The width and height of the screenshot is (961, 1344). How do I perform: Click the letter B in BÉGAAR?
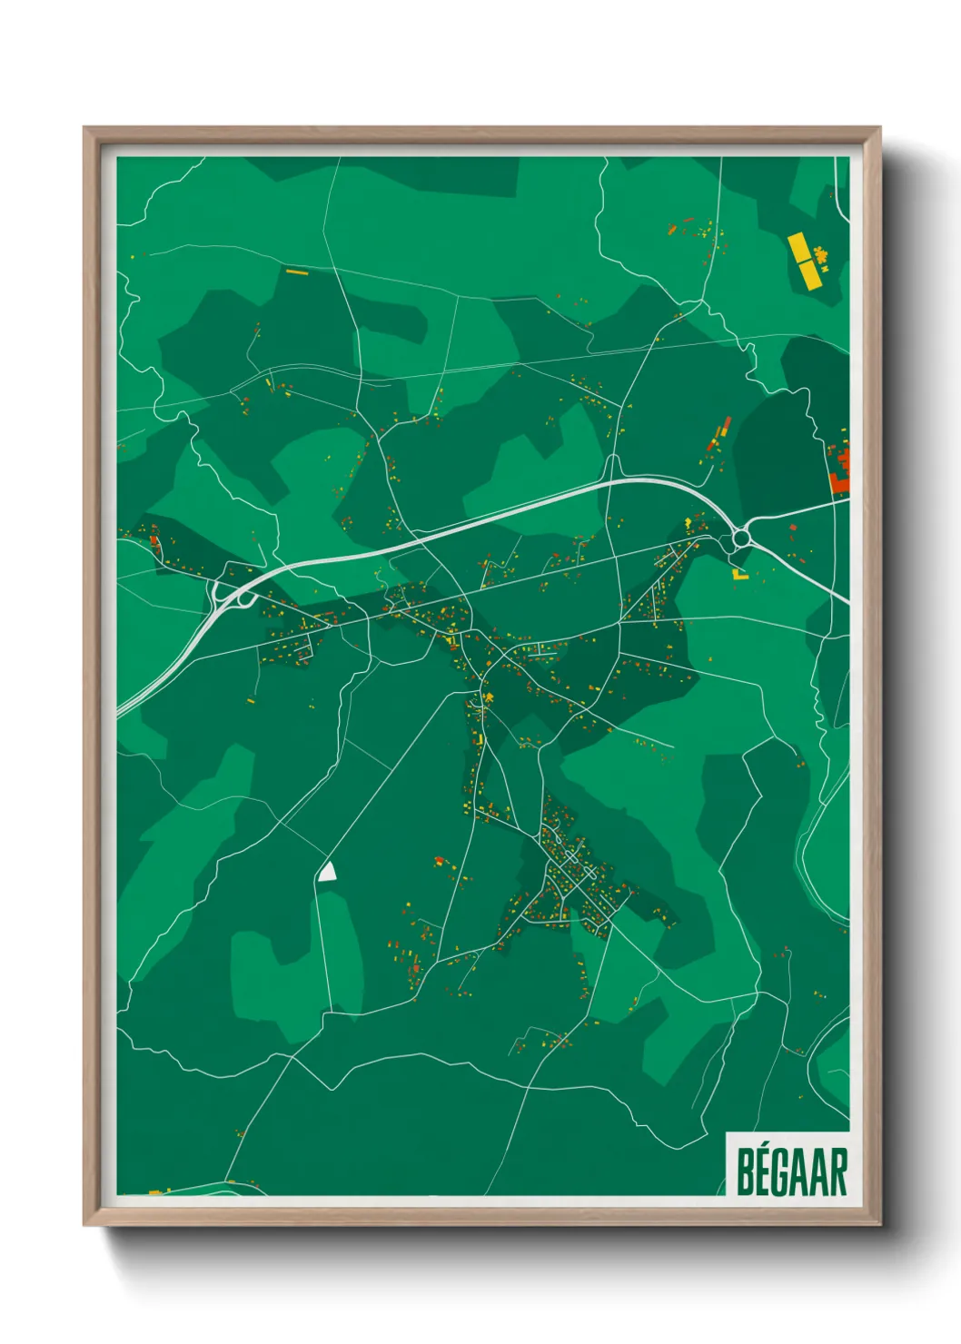point(744,1173)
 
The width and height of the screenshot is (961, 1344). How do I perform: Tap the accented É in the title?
point(764,1171)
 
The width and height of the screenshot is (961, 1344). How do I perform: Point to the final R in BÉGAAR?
point(839,1173)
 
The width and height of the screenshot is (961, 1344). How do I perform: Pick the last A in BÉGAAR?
point(821,1173)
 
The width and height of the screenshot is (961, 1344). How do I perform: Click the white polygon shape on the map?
point(328,873)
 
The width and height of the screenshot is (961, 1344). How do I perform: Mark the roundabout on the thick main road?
point(741,538)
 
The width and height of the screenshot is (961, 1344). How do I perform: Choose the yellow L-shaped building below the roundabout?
point(739,575)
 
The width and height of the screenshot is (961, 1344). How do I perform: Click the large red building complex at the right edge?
point(840,470)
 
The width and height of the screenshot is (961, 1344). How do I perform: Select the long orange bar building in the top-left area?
point(297,271)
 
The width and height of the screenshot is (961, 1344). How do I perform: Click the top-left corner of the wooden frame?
point(85,129)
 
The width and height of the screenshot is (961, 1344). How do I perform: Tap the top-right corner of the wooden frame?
point(878,129)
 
